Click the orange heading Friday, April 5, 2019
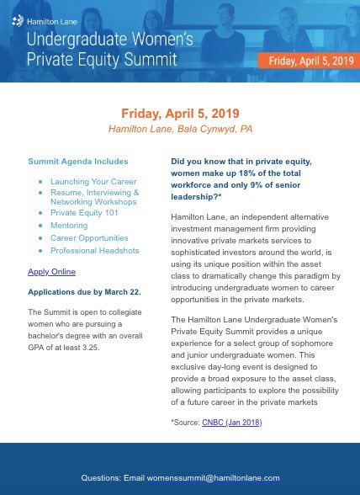[x=179, y=113]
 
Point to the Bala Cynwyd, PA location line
[x=179, y=129]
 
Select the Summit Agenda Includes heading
[x=78, y=161]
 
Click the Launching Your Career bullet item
[x=93, y=181]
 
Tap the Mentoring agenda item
[x=69, y=225]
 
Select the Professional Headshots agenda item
[x=94, y=250]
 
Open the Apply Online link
[x=51, y=272]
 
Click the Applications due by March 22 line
[x=84, y=291]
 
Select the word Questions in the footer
[x=100, y=477]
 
